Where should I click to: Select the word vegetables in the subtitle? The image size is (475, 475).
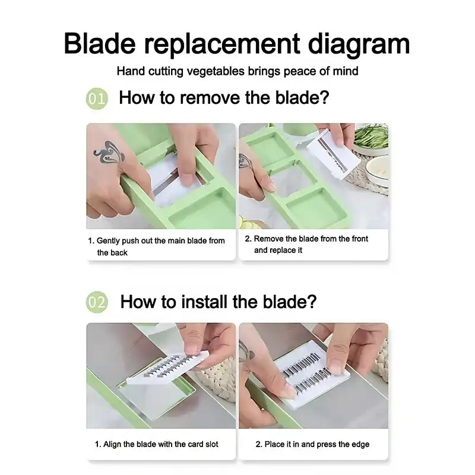[216, 71]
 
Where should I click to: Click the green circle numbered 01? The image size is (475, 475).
[97, 98]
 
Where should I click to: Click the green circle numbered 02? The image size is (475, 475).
[97, 302]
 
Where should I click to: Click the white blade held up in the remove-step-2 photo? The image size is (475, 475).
[333, 154]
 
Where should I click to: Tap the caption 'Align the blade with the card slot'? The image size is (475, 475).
[157, 444]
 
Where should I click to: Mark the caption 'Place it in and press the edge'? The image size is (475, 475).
[312, 444]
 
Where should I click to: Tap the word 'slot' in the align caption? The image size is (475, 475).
[212, 444]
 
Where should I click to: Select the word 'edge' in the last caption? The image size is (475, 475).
[360, 444]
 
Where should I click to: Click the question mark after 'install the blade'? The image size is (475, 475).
[311, 302]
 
